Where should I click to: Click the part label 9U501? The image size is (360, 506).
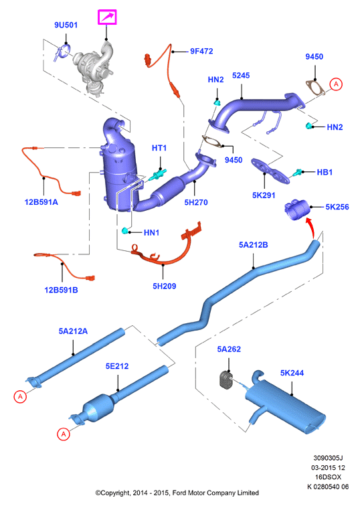(66, 25)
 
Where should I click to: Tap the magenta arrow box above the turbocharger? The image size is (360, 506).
(107, 17)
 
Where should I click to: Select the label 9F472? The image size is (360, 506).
(201, 52)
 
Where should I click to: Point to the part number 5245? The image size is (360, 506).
(241, 76)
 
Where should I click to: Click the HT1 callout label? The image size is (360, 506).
(159, 148)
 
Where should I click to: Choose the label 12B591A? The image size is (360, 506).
(41, 202)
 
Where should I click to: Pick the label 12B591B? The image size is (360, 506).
(61, 290)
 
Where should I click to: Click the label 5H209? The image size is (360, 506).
(164, 286)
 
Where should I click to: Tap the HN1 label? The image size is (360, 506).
(151, 233)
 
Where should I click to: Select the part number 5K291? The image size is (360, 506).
(264, 195)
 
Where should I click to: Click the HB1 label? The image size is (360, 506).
(325, 172)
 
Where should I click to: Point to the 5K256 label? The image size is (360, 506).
(337, 207)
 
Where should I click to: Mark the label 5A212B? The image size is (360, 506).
(253, 245)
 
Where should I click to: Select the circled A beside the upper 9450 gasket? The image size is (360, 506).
(336, 84)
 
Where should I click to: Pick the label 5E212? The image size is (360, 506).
(117, 366)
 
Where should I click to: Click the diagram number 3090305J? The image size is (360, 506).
(328, 458)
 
